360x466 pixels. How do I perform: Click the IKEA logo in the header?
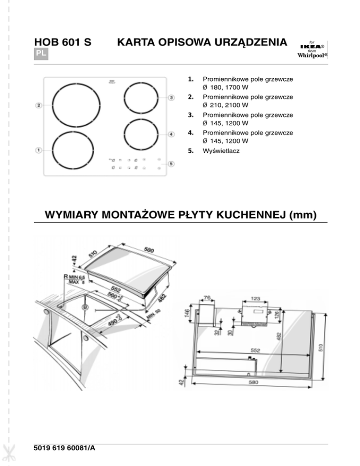click(x=311, y=47)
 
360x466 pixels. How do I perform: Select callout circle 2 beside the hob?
click(x=39, y=105)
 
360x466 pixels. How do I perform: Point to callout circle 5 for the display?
click(x=172, y=164)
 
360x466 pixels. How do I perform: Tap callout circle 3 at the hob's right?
click(x=172, y=98)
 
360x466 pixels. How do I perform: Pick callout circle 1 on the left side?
click(x=39, y=150)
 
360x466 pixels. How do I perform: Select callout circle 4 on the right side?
click(x=172, y=135)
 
